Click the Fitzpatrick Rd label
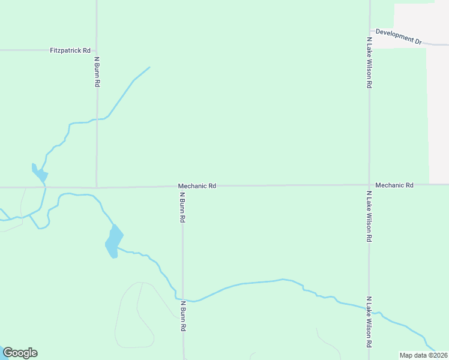coord(70,51)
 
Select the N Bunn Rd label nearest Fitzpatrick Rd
coord(97,72)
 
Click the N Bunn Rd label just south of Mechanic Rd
coord(182,208)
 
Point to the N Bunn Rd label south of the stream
coord(182,316)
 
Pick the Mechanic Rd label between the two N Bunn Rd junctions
coord(196,186)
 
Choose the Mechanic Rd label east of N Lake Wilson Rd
coord(394,185)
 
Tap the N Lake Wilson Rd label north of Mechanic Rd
coord(369,62)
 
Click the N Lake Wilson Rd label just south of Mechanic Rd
coord(369,217)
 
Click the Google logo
coord(20,353)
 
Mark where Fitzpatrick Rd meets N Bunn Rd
coord(97,50)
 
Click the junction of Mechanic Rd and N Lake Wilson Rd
coord(369,185)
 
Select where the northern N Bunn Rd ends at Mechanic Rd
coord(97,187)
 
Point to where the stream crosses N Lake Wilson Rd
coord(369,309)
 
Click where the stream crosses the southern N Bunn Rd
coord(182,299)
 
